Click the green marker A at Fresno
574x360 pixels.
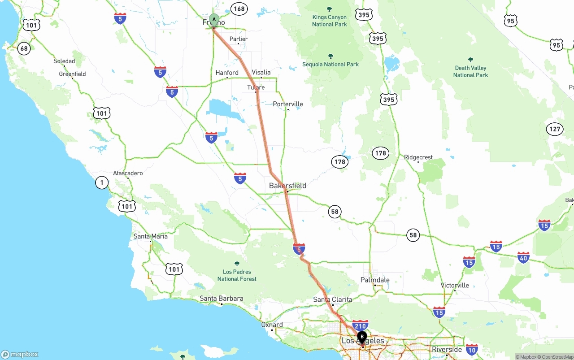[x=214, y=20]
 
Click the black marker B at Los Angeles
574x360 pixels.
[x=362, y=337]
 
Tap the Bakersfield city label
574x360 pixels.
[x=287, y=186]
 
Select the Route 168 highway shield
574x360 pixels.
[x=239, y=9]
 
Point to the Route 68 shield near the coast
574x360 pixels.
[x=24, y=48]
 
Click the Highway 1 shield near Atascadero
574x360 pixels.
[x=102, y=182]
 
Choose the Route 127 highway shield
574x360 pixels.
[x=555, y=130]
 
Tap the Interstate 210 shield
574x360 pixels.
[x=360, y=325]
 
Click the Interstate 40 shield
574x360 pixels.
[x=523, y=258]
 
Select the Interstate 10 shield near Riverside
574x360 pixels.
[x=471, y=349]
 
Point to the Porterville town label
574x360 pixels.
[x=288, y=104]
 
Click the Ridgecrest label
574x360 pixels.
[x=418, y=157]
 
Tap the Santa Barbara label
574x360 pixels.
[x=222, y=299]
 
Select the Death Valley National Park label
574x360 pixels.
[x=470, y=71]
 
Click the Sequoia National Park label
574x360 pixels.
[x=330, y=64]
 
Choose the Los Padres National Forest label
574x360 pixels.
[x=237, y=275]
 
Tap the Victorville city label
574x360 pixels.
[x=455, y=285]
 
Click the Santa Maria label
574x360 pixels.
[x=151, y=236]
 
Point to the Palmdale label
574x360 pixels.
[x=375, y=280]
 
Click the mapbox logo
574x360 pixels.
[x=20, y=354]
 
